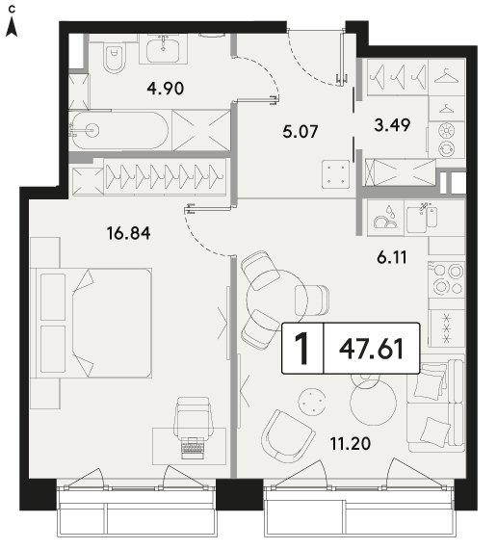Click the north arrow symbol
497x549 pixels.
pos(12,27)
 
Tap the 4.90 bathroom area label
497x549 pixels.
pos(166,89)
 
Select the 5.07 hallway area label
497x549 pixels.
pos(301,132)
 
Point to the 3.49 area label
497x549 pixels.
pos(392,125)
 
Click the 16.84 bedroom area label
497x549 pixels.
pos(129,233)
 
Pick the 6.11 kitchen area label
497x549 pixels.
pos(392,258)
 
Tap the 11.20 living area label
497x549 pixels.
pos(351,444)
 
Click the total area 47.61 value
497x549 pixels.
pos(371,349)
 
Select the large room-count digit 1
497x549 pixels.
pos(301,349)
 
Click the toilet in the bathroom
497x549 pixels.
pos(115,56)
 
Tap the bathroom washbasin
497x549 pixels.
pos(163,50)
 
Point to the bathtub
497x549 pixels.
pos(120,130)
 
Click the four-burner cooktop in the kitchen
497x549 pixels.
pos(447,279)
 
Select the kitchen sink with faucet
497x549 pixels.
pos(421,217)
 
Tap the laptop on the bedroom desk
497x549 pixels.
pos(193,448)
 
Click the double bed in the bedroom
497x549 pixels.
pos(92,324)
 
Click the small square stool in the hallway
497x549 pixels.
pos(336,174)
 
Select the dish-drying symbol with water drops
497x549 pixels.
pos(385,218)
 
